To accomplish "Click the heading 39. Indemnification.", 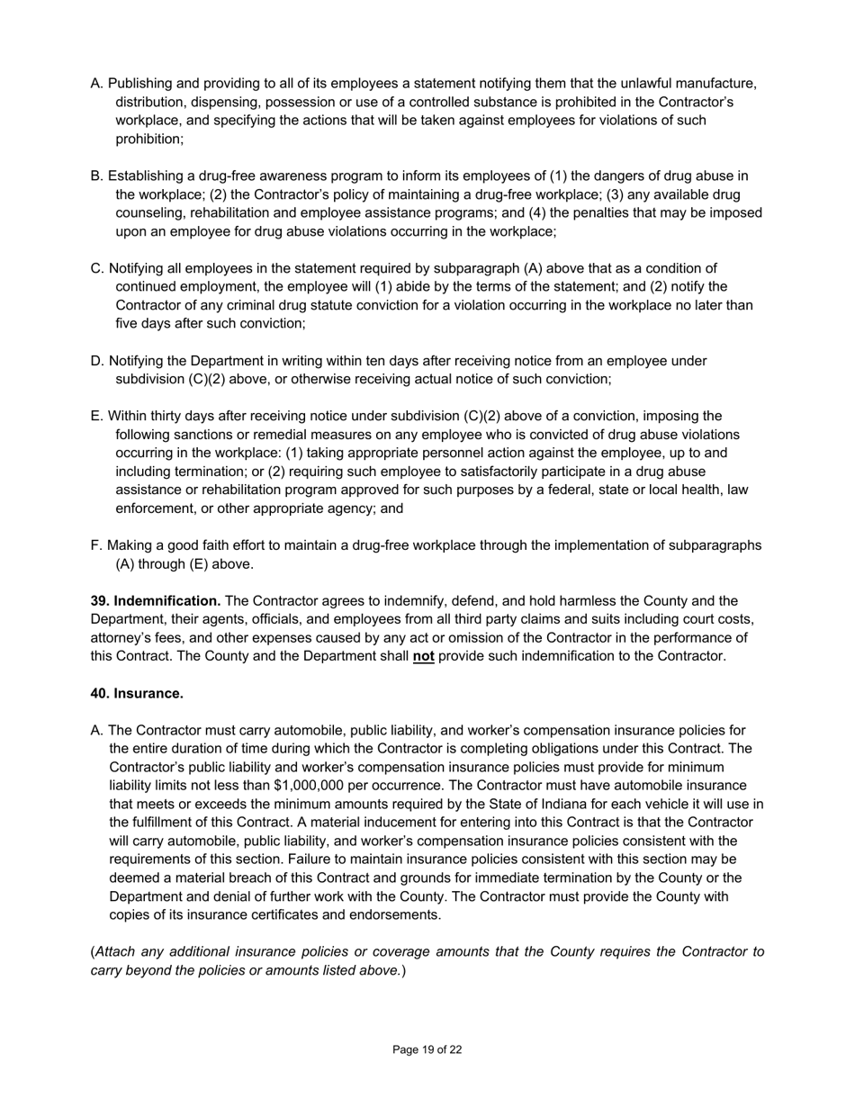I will click(156, 601).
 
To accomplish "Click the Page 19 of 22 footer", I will click(427, 1049).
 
